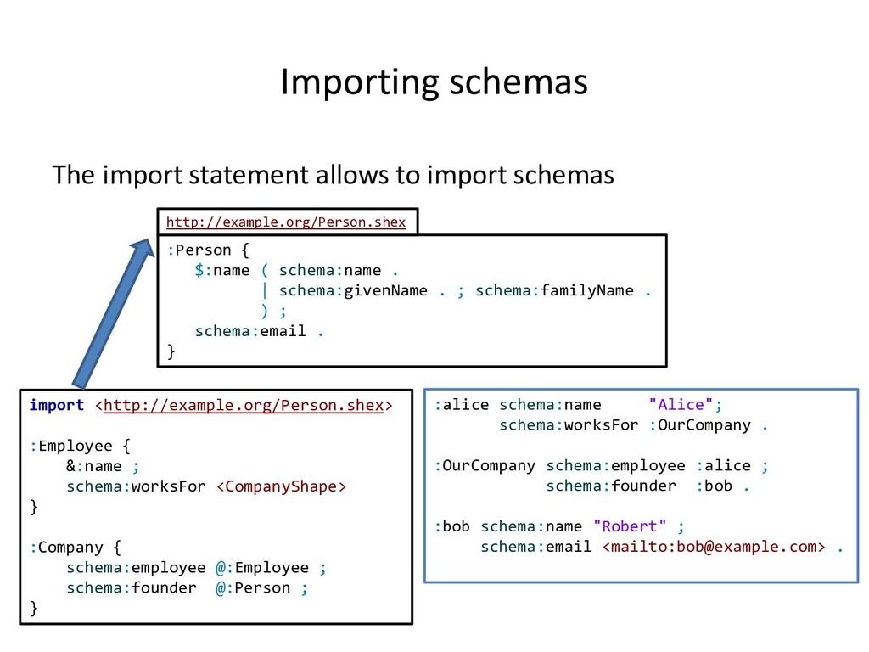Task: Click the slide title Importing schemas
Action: pyautogui.click(x=434, y=82)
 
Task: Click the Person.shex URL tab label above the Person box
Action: pyautogui.click(x=286, y=222)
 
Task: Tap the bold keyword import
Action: pyautogui.click(x=56, y=405)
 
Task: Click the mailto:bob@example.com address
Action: pyautogui.click(x=713, y=547)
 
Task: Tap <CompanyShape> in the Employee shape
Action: pyautogui.click(x=282, y=486)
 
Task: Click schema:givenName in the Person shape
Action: pyautogui.click(x=353, y=290)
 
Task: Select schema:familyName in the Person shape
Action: pyautogui.click(x=554, y=290)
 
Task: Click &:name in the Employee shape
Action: pyautogui.click(x=93, y=466)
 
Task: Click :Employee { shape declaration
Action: pyautogui.click(x=80, y=446)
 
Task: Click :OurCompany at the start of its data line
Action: pyautogui.click(x=485, y=465)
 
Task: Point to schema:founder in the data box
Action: pyautogui.click(x=611, y=486)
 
